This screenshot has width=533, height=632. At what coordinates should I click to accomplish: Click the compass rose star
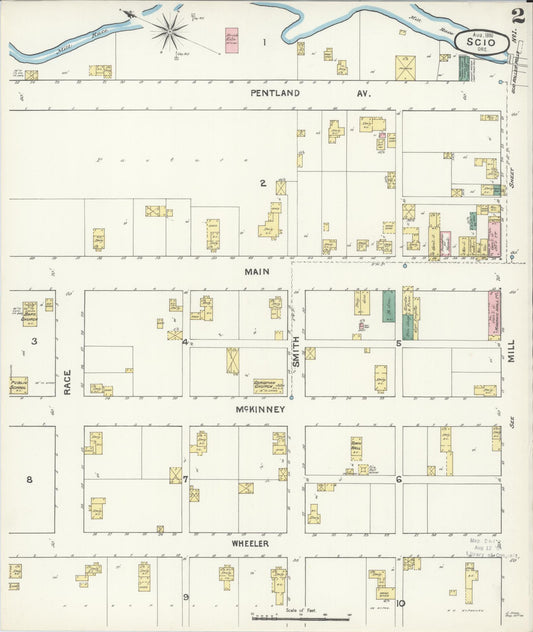pos(170,29)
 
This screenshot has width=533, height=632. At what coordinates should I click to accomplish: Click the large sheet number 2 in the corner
pos(517,15)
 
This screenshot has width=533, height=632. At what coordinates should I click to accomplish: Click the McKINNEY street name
pos(261,409)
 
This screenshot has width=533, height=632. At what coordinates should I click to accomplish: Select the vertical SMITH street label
pos(296,351)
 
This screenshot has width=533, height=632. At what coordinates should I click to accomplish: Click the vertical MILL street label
pos(511,347)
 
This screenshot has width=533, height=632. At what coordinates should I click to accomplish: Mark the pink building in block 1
pos(232,40)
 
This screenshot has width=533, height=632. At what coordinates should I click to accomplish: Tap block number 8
pos(29,479)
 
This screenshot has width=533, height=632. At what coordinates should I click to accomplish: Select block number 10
pos(399,602)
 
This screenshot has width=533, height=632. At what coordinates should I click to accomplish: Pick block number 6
pos(398,479)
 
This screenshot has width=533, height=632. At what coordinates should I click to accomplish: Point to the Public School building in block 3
pos(19,385)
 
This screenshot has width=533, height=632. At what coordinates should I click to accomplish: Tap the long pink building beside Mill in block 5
pos(494,313)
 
